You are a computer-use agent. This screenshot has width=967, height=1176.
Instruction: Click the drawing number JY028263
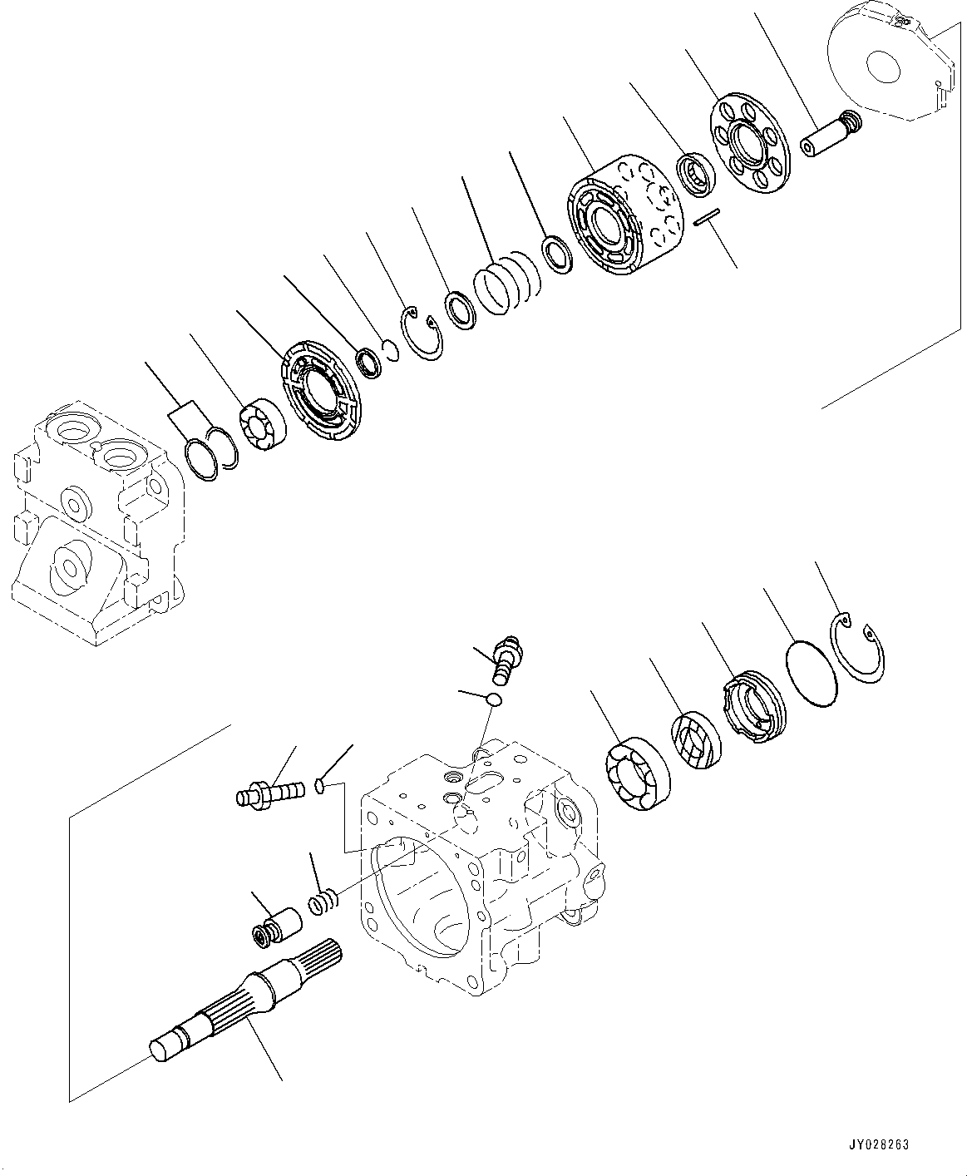pyautogui.click(x=880, y=1145)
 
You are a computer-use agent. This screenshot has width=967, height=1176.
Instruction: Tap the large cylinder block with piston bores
pyautogui.click(x=624, y=216)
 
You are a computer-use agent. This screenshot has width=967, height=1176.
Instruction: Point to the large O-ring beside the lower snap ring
pyautogui.click(x=811, y=673)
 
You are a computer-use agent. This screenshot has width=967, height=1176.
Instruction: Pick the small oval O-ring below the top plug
pyautogui.click(x=493, y=699)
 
